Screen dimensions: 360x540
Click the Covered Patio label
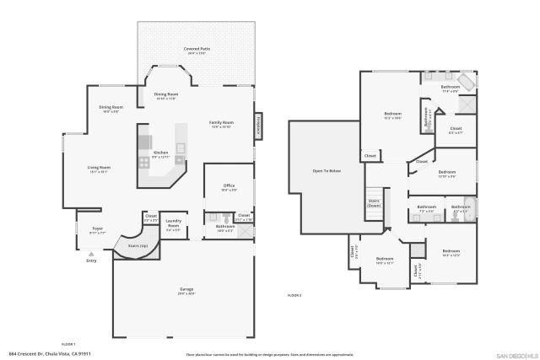click(x=197, y=50)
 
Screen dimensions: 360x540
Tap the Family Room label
click(x=222, y=122)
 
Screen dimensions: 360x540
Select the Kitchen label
click(x=160, y=153)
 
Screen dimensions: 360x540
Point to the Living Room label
click(x=100, y=168)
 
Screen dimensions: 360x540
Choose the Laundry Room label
click(x=173, y=225)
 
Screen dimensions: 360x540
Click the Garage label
click(x=186, y=288)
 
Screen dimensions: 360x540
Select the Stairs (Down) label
click(x=374, y=203)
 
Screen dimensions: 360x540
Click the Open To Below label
click(x=326, y=171)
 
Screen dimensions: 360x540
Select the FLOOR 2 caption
click(x=294, y=295)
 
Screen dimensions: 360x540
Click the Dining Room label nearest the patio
click(x=167, y=94)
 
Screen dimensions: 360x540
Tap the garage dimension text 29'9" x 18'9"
click(x=186, y=293)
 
